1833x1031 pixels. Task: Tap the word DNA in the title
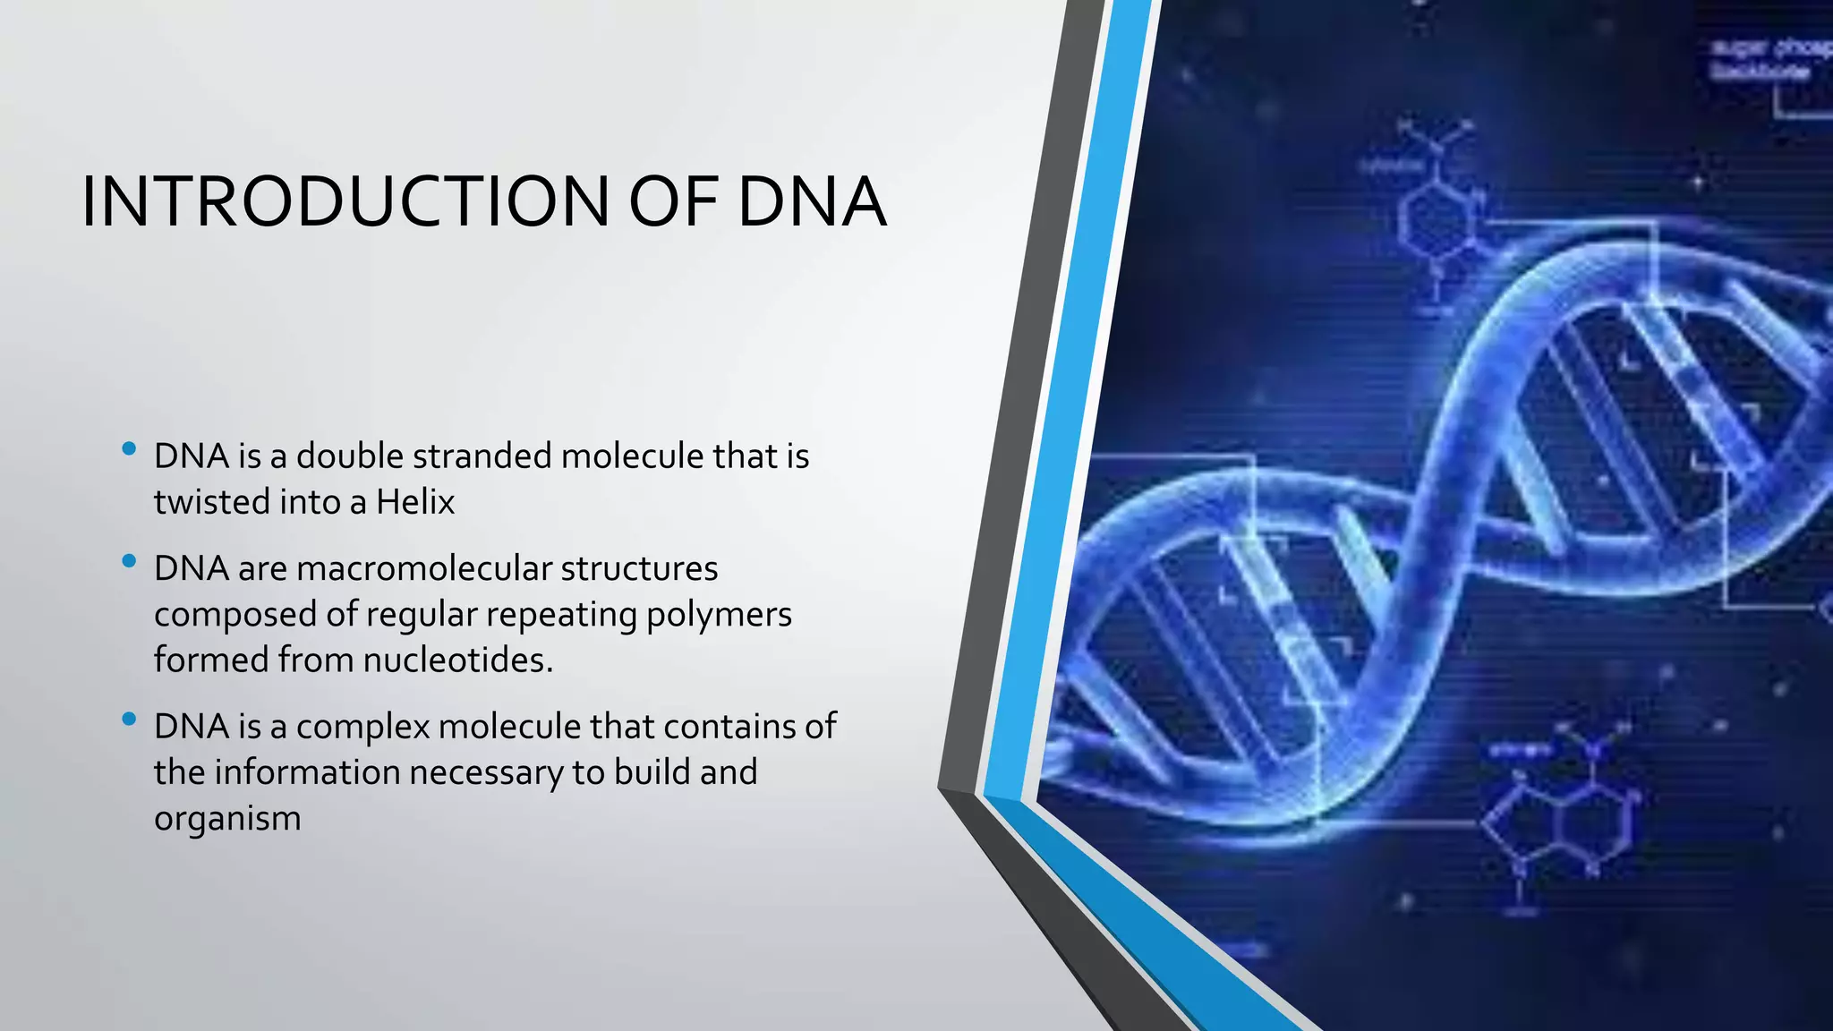(x=812, y=202)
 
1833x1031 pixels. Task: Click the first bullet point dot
(x=129, y=448)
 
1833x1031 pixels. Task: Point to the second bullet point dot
(x=129, y=561)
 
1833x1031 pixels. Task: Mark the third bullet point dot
(x=129, y=719)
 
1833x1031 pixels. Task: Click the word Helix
(x=415, y=502)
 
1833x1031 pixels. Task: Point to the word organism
(x=227, y=819)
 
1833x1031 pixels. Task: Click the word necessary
(x=485, y=772)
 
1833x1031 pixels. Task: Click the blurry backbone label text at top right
(x=1768, y=59)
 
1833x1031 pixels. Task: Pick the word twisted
(x=211, y=502)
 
